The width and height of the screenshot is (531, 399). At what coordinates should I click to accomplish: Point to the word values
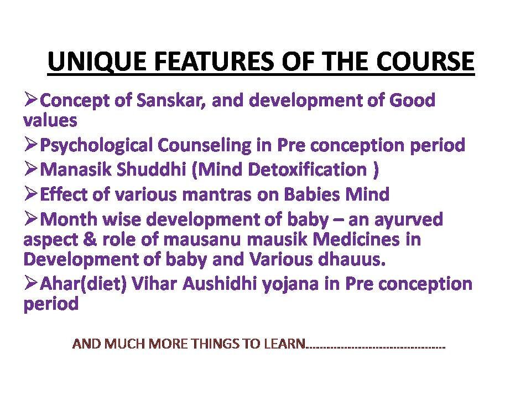[x=50, y=120]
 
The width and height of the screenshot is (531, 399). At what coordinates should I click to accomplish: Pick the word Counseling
[x=204, y=145]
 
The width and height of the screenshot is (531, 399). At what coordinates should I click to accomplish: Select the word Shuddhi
[x=151, y=170]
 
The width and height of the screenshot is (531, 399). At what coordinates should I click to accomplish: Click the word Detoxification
[x=308, y=170]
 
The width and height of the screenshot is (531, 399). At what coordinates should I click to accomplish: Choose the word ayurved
[x=409, y=220]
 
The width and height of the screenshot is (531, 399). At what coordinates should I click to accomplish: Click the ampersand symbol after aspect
[x=90, y=239]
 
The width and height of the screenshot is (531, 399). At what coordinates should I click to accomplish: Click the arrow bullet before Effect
[x=30, y=194]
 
